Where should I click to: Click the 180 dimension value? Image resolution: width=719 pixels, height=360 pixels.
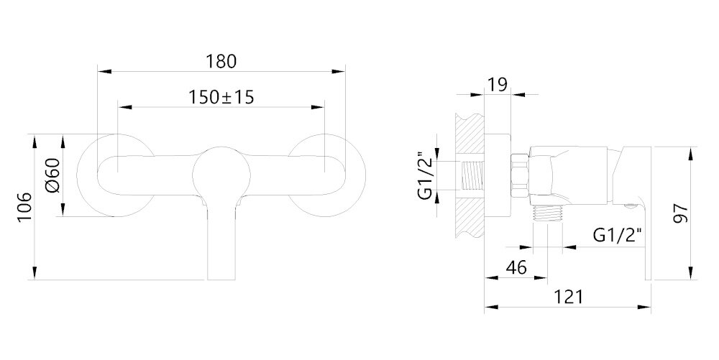(221, 61)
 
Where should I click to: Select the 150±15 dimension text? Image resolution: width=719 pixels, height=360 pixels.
(221, 97)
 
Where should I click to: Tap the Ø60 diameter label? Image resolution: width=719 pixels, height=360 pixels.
(53, 175)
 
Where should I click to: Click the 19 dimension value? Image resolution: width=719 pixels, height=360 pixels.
(497, 85)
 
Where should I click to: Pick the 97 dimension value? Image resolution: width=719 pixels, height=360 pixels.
(682, 213)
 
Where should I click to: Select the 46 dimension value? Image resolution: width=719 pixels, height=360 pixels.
(516, 267)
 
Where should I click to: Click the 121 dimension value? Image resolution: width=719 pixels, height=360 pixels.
(568, 297)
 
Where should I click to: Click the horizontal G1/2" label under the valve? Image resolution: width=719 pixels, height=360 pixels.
(617, 236)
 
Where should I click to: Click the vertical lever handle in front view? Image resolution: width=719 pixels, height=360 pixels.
(221, 241)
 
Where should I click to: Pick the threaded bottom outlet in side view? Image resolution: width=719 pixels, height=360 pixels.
(547, 214)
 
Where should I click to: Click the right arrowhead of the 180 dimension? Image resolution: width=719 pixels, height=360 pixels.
(339, 71)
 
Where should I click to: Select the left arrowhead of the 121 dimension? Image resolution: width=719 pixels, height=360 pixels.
(491, 307)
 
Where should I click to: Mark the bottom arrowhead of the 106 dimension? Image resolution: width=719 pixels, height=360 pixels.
(34, 273)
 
